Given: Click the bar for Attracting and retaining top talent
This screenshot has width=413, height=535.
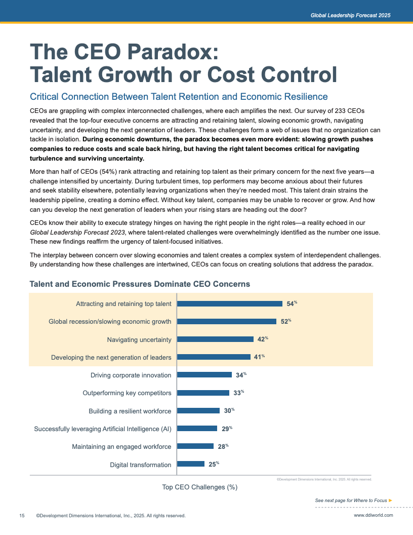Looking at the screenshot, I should pyautogui.click(x=230, y=304).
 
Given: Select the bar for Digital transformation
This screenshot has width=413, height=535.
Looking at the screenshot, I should pyautogui.click(x=191, y=464).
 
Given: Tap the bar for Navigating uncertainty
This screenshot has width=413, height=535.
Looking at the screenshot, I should pyautogui.click(x=215, y=339).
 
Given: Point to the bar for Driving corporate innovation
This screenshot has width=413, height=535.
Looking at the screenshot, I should pyautogui.click(x=205, y=375).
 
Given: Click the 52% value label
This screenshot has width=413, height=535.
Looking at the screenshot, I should pyautogui.click(x=285, y=322).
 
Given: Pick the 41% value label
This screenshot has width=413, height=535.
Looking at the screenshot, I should pyautogui.click(x=259, y=357).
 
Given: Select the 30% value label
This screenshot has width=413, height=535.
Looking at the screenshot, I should pyautogui.click(x=229, y=411).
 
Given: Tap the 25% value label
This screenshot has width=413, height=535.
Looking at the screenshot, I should pyautogui.click(x=213, y=464).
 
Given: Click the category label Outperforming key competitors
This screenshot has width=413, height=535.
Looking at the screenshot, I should pyautogui.click(x=127, y=393).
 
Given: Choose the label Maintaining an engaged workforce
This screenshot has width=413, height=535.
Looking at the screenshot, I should pyautogui.click(x=121, y=446).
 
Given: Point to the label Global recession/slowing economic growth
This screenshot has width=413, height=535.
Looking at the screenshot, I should pyautogui.click(x=110, y=322).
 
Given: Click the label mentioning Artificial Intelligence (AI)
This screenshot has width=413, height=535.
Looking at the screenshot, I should pyautogui.click(x=103, y=429).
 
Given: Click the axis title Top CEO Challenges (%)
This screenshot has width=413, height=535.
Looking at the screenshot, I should pyautogui.click(x=199, y=487).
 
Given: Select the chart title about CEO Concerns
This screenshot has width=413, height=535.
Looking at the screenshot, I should pyautogui.click(x=140, y=284).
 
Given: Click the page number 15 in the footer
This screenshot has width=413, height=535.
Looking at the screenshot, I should pyautogui.click(x=22, y=516).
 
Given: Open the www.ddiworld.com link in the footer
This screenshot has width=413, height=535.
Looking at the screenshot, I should pyautogui.click(x=373, y=515).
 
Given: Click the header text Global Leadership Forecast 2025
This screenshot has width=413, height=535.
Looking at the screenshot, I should pyautogui.click(x=350, y=16).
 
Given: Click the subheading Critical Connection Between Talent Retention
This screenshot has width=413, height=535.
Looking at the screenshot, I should pyautogui.click(x=179, y=97).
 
